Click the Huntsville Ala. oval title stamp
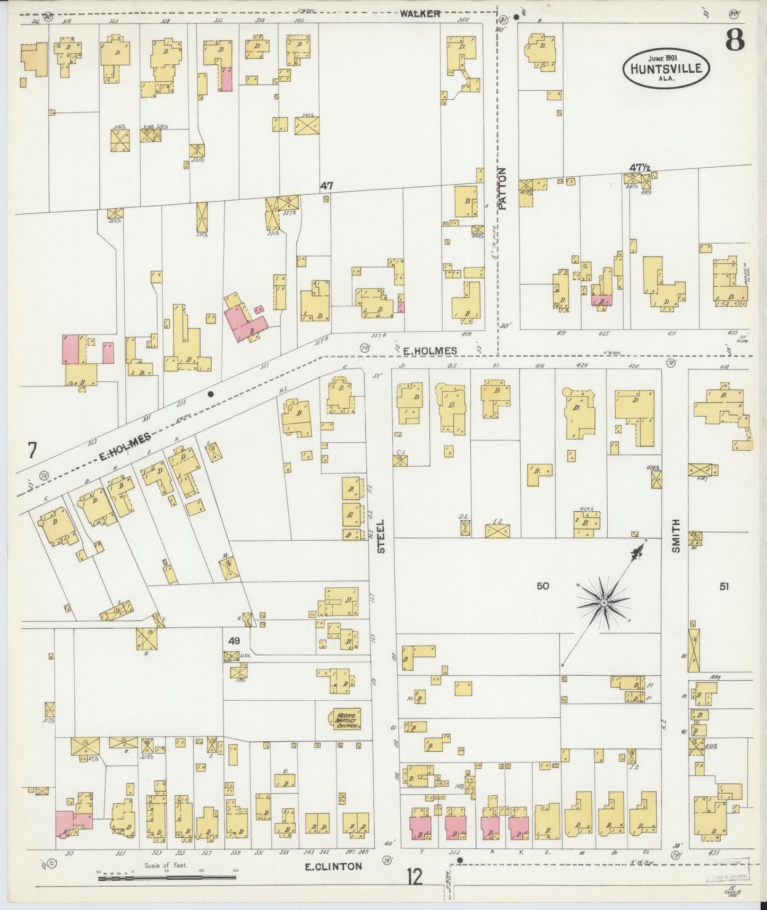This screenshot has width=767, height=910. [x=667, y=68]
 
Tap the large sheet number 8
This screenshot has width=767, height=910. [x=735, y=39]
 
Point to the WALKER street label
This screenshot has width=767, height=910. [x=420, y=13]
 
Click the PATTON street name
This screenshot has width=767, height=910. [x=502, y=188]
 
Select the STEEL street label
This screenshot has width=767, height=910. [x=381, y=536]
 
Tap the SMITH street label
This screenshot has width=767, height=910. [x=676, y=536]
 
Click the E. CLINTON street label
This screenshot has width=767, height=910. [x=333, y=866]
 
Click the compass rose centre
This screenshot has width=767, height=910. [x=604, y=604]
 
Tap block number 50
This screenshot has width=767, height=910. [x=542, y=586]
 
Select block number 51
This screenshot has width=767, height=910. [x=725, y=587]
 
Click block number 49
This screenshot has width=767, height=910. [x=234, y=641]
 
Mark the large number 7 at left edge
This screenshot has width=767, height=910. [x=32, y=451]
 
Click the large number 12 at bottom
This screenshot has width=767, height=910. [x=415, y=877]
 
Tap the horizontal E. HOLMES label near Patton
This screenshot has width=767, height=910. [x=429, y=350]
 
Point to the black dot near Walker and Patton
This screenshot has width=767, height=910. [x=516, y=17]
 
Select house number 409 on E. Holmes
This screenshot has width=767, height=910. [x=466, y=334]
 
